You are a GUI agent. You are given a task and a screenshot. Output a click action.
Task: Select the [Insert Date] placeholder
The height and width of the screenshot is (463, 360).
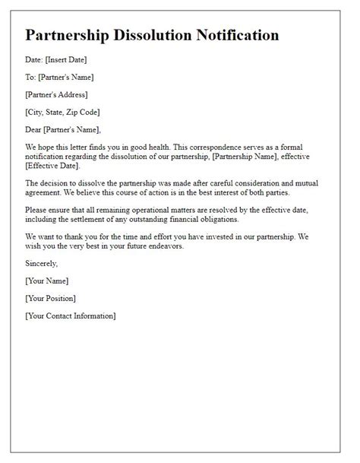coord(68,60)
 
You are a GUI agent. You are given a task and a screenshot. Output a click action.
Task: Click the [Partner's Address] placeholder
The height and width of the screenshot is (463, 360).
coord(56,94)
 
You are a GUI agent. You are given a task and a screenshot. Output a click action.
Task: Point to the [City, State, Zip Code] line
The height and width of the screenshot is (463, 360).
coord(67,112)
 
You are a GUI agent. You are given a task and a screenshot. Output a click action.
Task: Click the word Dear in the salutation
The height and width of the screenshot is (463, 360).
coord(35,128)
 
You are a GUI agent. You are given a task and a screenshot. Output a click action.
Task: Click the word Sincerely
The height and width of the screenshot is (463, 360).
coord(41,262)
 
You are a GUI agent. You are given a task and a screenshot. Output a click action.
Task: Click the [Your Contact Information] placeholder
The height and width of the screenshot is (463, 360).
coord(70,315)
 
